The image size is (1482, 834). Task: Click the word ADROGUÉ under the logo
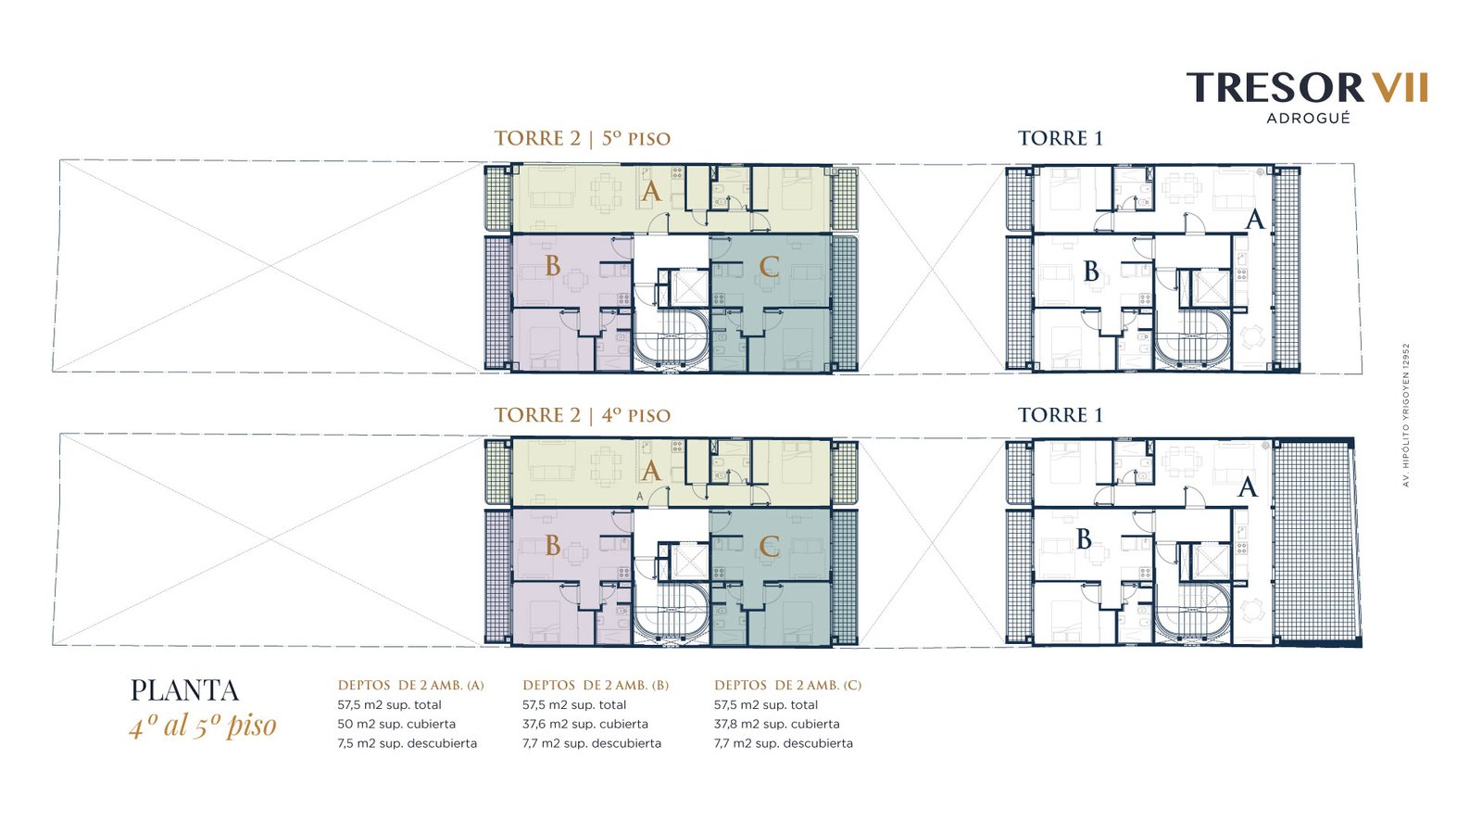(x=1308, y=119)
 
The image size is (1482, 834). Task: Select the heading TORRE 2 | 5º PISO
(x=583, y=138)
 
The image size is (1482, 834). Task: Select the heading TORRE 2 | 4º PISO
(x=583, y=415)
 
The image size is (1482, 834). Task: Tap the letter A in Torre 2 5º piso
(x=651, y=192)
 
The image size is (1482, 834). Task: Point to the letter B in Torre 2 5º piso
(x=552, y=266)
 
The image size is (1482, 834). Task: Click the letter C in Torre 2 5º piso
(x=768, y=267)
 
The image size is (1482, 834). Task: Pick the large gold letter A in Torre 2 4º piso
(x=651, y=472)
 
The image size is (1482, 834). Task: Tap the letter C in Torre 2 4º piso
(x=768, y=547)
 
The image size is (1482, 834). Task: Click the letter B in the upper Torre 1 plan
(x=1091, y=272)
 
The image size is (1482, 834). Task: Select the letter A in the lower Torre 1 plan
(x=1247, y=487)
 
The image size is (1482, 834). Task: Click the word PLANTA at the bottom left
(x=184, y=690)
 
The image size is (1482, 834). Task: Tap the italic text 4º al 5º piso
(x=203, y=726)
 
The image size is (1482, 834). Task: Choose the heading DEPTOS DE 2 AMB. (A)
(x=411, y=686)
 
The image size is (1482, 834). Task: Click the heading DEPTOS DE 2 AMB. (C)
(x=788, y=686)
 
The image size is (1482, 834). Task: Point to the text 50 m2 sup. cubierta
(x=396, y=724)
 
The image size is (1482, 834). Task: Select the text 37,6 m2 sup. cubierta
(x=584, y=724)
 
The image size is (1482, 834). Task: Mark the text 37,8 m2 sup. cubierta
(x=777, y=724)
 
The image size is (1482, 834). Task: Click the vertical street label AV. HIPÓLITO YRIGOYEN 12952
(x=1406, y=415)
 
